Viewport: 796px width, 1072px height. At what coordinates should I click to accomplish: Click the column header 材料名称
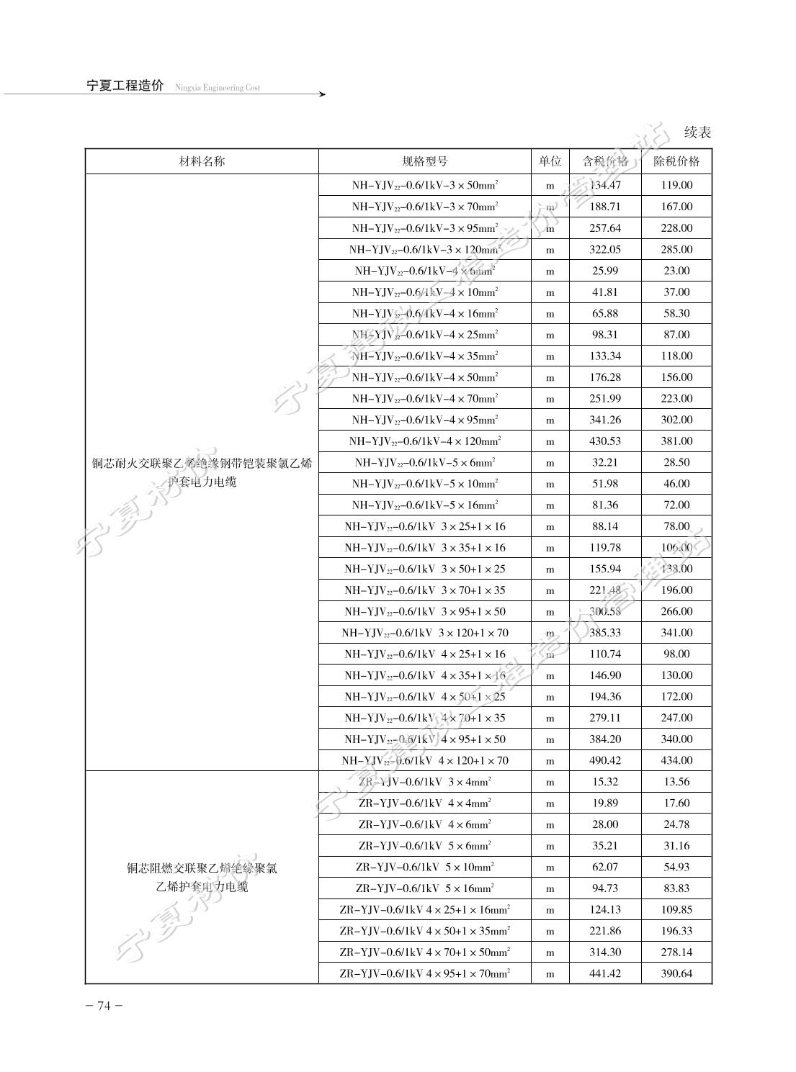pos(202,161)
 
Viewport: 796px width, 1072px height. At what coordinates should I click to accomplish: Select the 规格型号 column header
pos(424,161)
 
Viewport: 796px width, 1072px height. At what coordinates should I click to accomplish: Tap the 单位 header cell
pos(550,161)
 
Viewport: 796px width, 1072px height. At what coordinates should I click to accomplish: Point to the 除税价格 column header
pos(676,161)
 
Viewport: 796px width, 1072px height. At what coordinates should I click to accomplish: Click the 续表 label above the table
pos(697,132)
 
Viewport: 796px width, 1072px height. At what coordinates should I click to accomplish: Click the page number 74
pos(104,1006)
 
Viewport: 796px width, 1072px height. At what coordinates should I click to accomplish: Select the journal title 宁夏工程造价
pos(125,86)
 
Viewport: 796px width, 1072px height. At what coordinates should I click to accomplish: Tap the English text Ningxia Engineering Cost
pos(217,88)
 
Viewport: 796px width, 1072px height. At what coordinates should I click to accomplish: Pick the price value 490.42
pos(605,760)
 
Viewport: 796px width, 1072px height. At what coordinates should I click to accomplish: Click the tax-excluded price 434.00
pos(676,760)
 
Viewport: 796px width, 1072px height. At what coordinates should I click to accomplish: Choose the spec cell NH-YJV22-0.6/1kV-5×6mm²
pos(424,462)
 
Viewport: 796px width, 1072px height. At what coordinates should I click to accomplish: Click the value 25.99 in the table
pos(605,271)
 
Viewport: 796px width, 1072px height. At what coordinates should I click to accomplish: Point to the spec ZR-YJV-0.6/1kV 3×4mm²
pos(424,782)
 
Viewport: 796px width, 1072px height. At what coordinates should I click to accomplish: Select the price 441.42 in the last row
pos(605,973)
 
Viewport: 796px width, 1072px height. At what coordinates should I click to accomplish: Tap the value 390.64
pos(676,973)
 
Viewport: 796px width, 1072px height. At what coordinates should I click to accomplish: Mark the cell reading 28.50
pos(676,462)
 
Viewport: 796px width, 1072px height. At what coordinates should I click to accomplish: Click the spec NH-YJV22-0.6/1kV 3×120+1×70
pos(424,633)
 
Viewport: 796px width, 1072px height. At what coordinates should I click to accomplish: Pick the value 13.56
pos(676,782)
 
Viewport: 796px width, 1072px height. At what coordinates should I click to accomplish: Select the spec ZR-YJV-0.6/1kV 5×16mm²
pos(424,888)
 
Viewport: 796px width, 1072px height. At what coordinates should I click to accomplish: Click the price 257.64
pos(605,228)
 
